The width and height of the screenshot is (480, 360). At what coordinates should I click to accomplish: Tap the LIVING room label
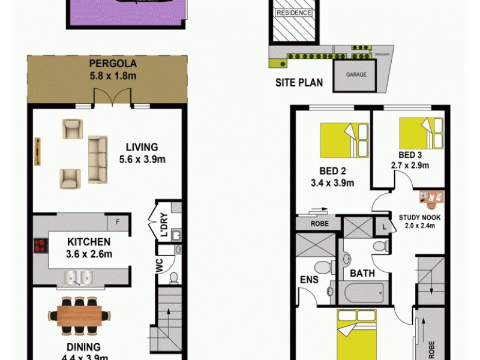142,146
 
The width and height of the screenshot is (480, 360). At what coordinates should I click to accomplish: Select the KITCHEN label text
89,242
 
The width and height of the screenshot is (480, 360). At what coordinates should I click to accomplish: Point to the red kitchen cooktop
41,245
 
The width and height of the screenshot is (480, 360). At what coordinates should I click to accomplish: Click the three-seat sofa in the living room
98,159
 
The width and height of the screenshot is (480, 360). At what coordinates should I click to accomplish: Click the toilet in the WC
173,277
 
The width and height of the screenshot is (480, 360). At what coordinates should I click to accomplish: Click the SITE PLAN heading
299,83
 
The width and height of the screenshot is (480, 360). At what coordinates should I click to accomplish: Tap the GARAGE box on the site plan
356,76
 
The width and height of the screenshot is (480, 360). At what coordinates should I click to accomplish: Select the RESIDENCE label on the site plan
294,13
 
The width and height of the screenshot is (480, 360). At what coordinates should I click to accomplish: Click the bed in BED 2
344,140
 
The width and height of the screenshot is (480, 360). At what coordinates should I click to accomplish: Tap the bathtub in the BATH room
364,293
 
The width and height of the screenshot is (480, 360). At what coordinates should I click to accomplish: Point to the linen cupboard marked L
384,226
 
